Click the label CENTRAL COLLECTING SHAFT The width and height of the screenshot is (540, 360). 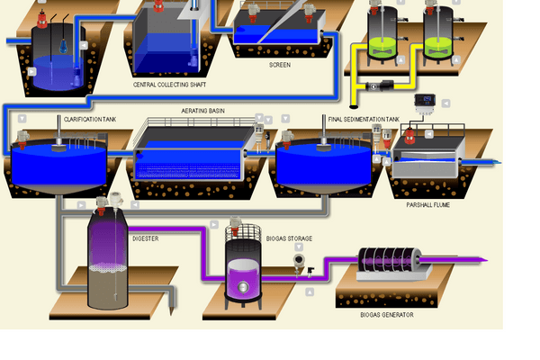coord(165,85)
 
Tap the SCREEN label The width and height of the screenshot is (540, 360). coord(279,65)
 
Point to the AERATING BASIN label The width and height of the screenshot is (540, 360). coord(203,111)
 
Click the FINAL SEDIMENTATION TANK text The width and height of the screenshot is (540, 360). coord(358,119)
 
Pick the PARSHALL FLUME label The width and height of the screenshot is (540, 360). coord(427,205)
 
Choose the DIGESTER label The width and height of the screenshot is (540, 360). coord(146,238)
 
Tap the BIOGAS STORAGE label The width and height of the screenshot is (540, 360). coord(290,238)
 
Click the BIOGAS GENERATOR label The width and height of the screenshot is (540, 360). coord(387,315)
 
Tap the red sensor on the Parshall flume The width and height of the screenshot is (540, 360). coord(409,136)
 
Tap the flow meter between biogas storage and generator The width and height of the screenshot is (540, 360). coord(300,262)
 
